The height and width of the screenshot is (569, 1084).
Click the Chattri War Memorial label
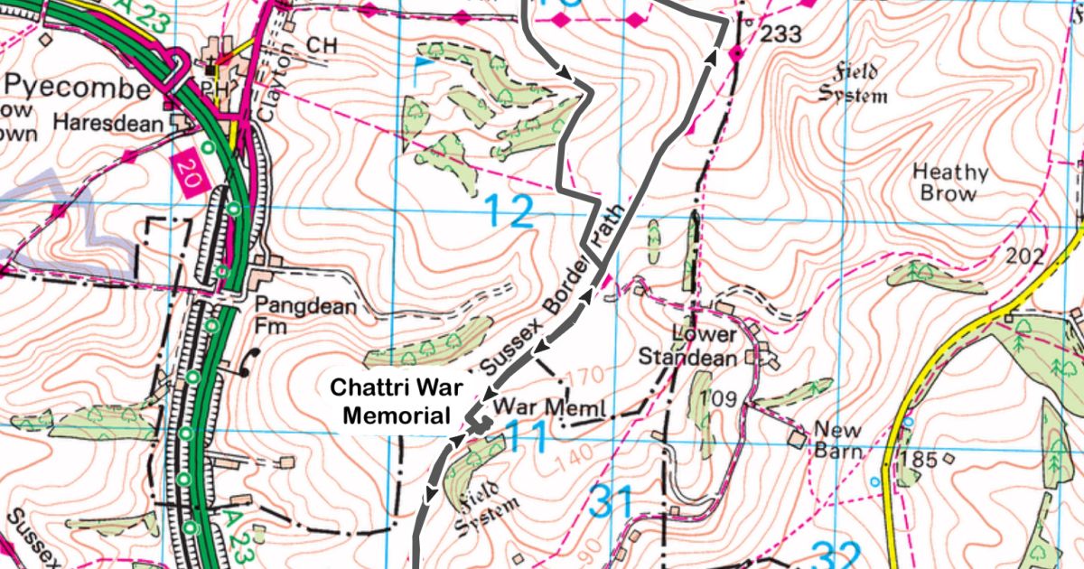pyautogui.click(x=397, y=401)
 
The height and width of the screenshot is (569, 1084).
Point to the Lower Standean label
pyautogui.click(x=687, y=345)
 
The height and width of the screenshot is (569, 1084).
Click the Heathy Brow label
pyautogui.click(x=949, y=182)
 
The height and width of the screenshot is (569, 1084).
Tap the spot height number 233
pyautogui.click(x=781, y=35)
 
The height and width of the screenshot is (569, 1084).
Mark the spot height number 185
pyautogui.click(x=919, y=461)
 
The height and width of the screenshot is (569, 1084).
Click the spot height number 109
pyautogui.click(x=723, y=398)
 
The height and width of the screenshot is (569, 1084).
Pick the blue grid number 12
pyautogui.click(x=509, y=212)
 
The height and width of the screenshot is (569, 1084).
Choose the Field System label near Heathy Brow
pyautogui.click(x=853, y=84)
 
